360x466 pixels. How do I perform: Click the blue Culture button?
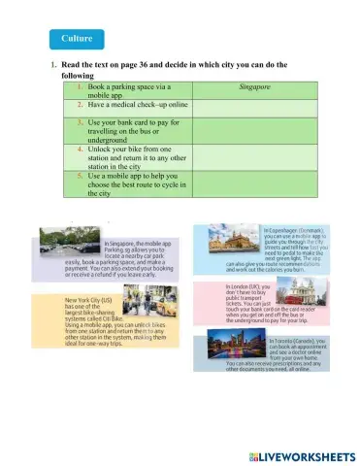tap(77, 39)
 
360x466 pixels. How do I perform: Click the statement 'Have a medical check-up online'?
tap(135, 105)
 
